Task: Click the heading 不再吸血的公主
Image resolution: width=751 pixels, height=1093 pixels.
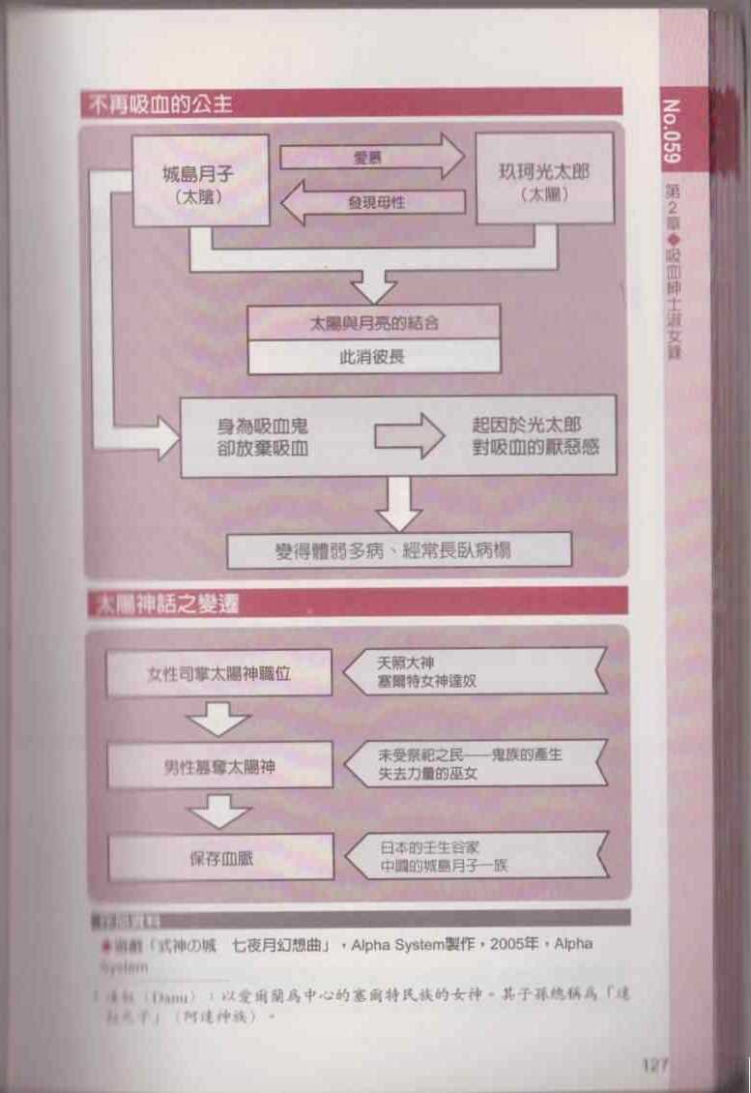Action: (160, 103)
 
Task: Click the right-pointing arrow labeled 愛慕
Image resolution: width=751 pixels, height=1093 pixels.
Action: (372, 156)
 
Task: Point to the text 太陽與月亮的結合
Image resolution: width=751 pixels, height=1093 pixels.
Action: (374, 322)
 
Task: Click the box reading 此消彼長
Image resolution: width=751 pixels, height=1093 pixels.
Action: (374, 356)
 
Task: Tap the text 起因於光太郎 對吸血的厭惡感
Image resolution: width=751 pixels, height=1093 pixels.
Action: (528, 436)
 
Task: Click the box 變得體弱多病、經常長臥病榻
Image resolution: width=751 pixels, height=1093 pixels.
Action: (399, 550)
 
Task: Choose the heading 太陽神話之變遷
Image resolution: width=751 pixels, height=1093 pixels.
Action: (164, 604)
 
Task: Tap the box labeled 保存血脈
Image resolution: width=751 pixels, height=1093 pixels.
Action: (221, 857)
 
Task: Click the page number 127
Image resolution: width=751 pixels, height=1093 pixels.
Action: (655, 1066)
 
